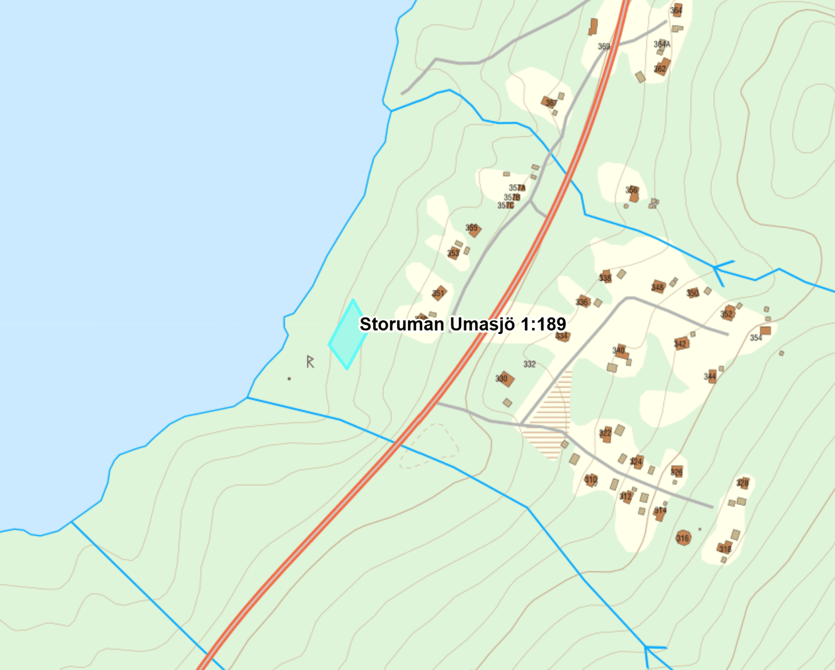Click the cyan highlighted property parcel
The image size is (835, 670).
pyautogui.click(x=348, y=335)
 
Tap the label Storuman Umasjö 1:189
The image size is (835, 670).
pyautogui.click(x=463, y=324)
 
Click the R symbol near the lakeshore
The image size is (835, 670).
pyautogui.click(x=310, y=361)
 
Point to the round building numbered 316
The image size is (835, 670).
pyautogui.click(x=683, y=538)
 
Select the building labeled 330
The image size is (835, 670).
pyautogui.click(x=505, y=379)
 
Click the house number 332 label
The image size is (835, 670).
pyautogui.click(x=529, y=364)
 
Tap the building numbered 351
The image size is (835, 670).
pyautogui.click(x=439, y=292)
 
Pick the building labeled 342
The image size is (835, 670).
pyautogui.click(x=681, y=344)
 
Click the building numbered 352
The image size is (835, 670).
pyautogui.click(x=728, y=313)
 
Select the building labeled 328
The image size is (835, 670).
pyautogui.click(x=743, y=483)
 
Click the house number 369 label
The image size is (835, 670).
pyautogui.click(x=604, y=47)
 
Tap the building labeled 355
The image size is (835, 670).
pyautogui.click(x=473, y=229)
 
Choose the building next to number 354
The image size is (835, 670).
pyautogui.click(x=765, y=331)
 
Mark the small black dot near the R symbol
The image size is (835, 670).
pyautogui.click(x=289, y=379)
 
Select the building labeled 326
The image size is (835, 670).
pyautogui.click(x=677, y=472)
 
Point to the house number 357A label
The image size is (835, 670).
pyautogui.click(x=517, y=188)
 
